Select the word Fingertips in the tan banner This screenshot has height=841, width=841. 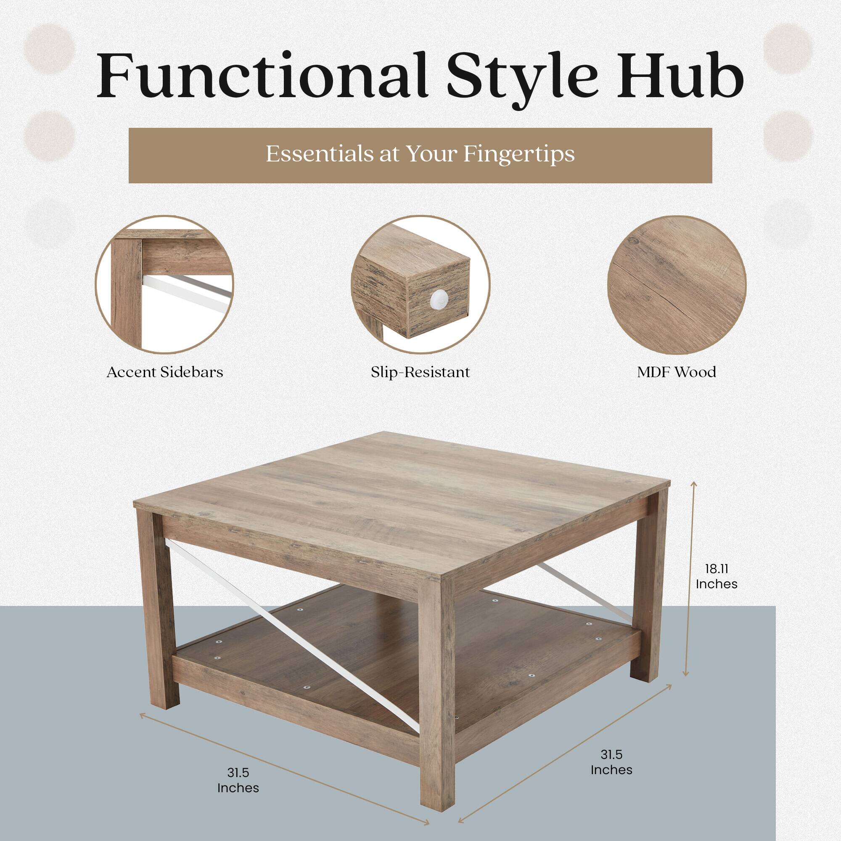pos(518,154)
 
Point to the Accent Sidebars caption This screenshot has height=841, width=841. pos(164,372)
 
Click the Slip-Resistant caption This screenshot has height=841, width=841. pos(420,372)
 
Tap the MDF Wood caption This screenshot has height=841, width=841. pos(677,372)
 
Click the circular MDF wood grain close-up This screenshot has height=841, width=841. pos(677,285)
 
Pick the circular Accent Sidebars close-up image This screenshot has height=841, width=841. pos(164,285)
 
